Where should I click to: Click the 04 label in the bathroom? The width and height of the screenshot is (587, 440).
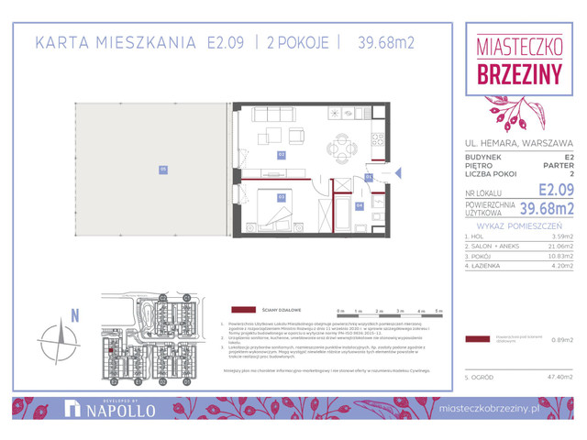point(360,205)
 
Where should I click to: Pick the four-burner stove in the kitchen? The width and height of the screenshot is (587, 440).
point(375,142)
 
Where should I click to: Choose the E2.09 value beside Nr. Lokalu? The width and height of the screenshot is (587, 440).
point(556,190)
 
